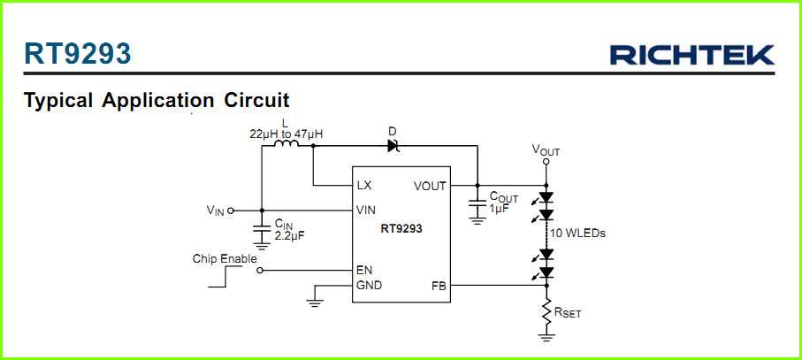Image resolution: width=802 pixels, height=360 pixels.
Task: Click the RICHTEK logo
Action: coord(691,55)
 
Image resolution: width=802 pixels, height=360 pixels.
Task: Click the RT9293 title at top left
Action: coord(78,54)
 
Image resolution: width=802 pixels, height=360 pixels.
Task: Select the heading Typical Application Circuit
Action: coord(157,100)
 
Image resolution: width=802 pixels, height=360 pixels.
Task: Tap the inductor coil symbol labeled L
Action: coord(287,146)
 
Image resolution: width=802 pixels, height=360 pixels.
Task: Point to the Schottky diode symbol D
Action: coord(393,146)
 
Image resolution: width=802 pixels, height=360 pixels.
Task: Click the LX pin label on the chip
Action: coord(363,186)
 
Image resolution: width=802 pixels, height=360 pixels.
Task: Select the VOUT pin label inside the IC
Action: coord(430,186)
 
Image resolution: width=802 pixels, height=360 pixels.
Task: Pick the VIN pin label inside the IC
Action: coord(365,211)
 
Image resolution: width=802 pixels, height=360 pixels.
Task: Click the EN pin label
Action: coord(363,270)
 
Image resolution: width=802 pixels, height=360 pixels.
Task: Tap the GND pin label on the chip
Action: coord(368,286)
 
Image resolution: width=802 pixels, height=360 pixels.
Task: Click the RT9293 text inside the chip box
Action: coord(401,228)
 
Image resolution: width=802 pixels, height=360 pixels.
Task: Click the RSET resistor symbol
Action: coord(546,310)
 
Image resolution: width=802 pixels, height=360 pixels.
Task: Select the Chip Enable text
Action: coord(225,259)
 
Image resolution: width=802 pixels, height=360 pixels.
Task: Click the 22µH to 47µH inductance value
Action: coord(286,134)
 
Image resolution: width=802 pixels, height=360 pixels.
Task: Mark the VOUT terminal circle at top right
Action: coord(546,162)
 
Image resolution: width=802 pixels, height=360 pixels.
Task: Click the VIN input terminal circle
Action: coord(231,211)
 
